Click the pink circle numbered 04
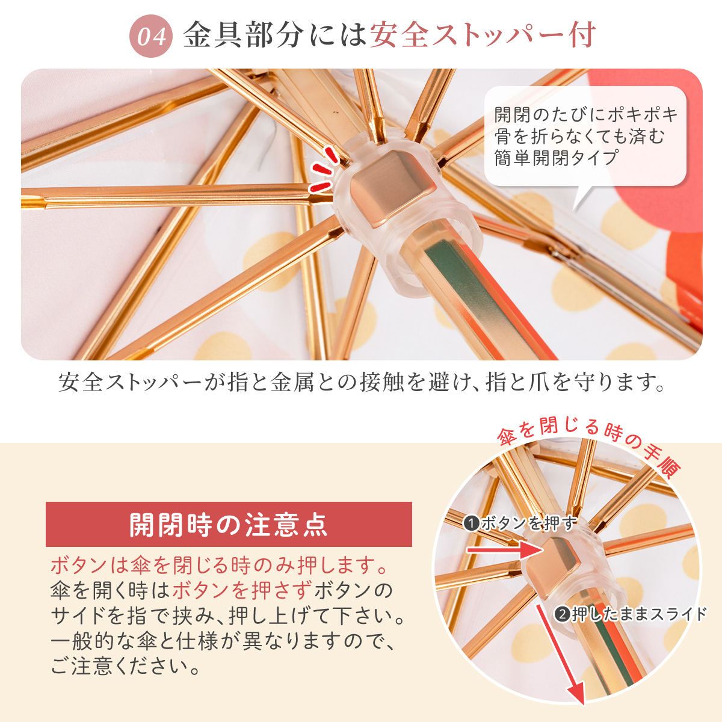(150, 36)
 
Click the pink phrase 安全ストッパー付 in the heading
(483, 35)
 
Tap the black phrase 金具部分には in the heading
(274, 35)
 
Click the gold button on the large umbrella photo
(393, 189)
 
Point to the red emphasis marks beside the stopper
(323, 170)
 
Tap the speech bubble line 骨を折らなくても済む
(579, 136)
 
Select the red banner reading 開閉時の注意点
(229, 525)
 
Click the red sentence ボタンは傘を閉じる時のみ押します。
(220, 566)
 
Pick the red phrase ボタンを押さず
(242, 590)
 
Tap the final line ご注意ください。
(125, 666)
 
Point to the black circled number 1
(471, 523)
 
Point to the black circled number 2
(563, 614)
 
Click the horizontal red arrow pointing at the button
(505, 550)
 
